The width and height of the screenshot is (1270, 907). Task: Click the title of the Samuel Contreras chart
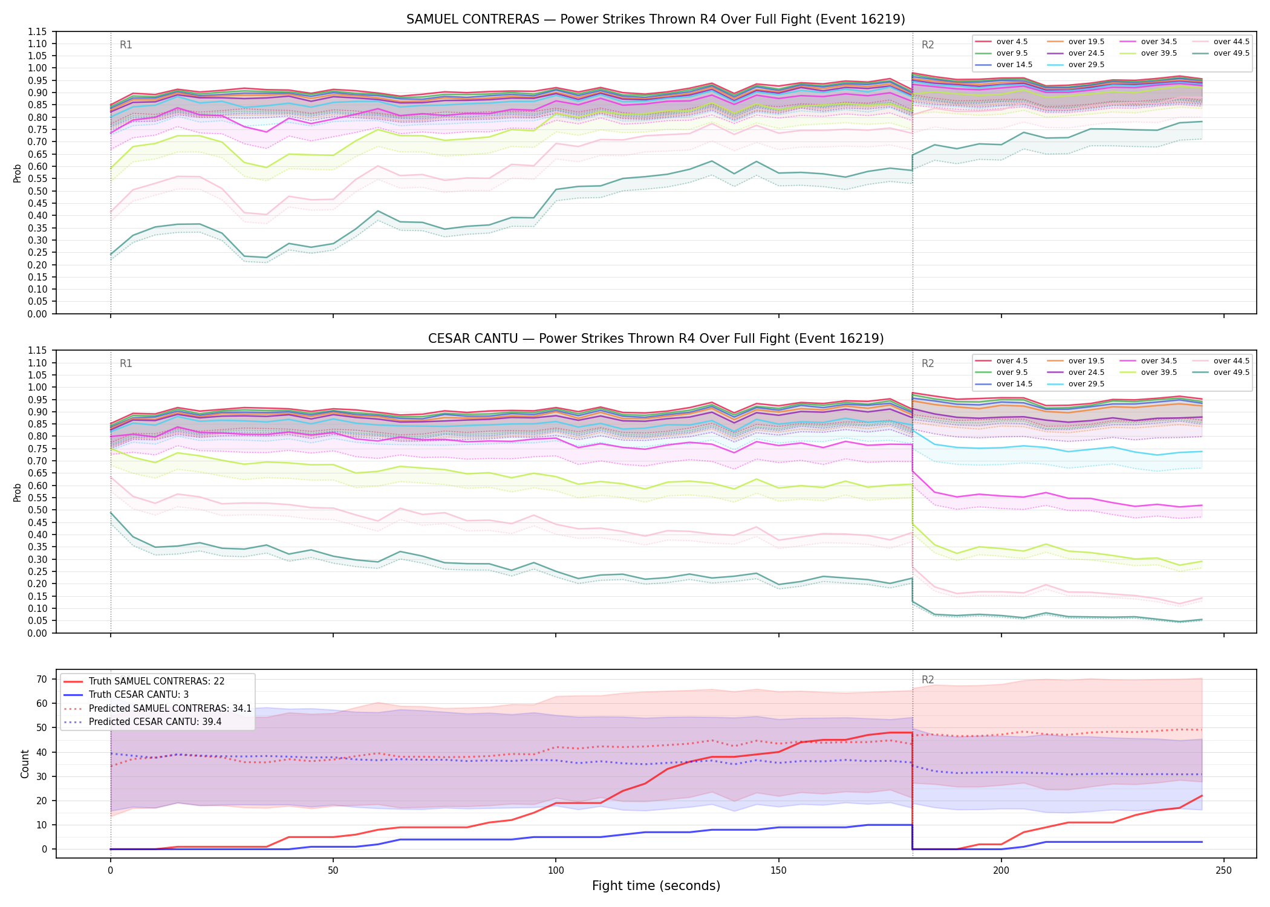(656, 19)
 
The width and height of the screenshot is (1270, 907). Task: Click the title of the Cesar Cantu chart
(656, 339)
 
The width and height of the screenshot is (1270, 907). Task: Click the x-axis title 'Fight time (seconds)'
(656, 886)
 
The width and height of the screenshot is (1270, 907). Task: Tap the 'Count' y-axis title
(25, 764)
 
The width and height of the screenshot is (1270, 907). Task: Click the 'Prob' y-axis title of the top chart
(18, 173)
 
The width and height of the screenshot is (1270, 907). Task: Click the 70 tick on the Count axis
(41, 679)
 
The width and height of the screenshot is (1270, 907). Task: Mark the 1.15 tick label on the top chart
(37, 31)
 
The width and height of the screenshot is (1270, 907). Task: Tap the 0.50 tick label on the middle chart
(37, 510)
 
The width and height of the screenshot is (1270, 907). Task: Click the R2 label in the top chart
(928, 45)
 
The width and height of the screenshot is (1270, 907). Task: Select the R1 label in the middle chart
(126, 363)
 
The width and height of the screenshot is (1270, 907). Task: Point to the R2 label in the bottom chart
(928, 680)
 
